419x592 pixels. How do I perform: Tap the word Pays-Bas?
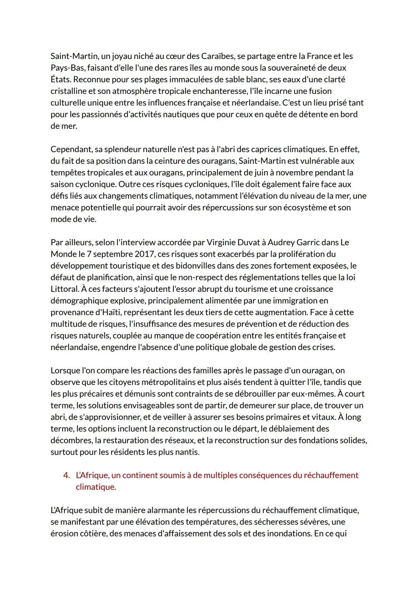click(68, 68)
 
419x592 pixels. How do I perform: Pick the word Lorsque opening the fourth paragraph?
click(65, 371)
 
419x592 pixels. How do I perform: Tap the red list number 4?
click(66, 476)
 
